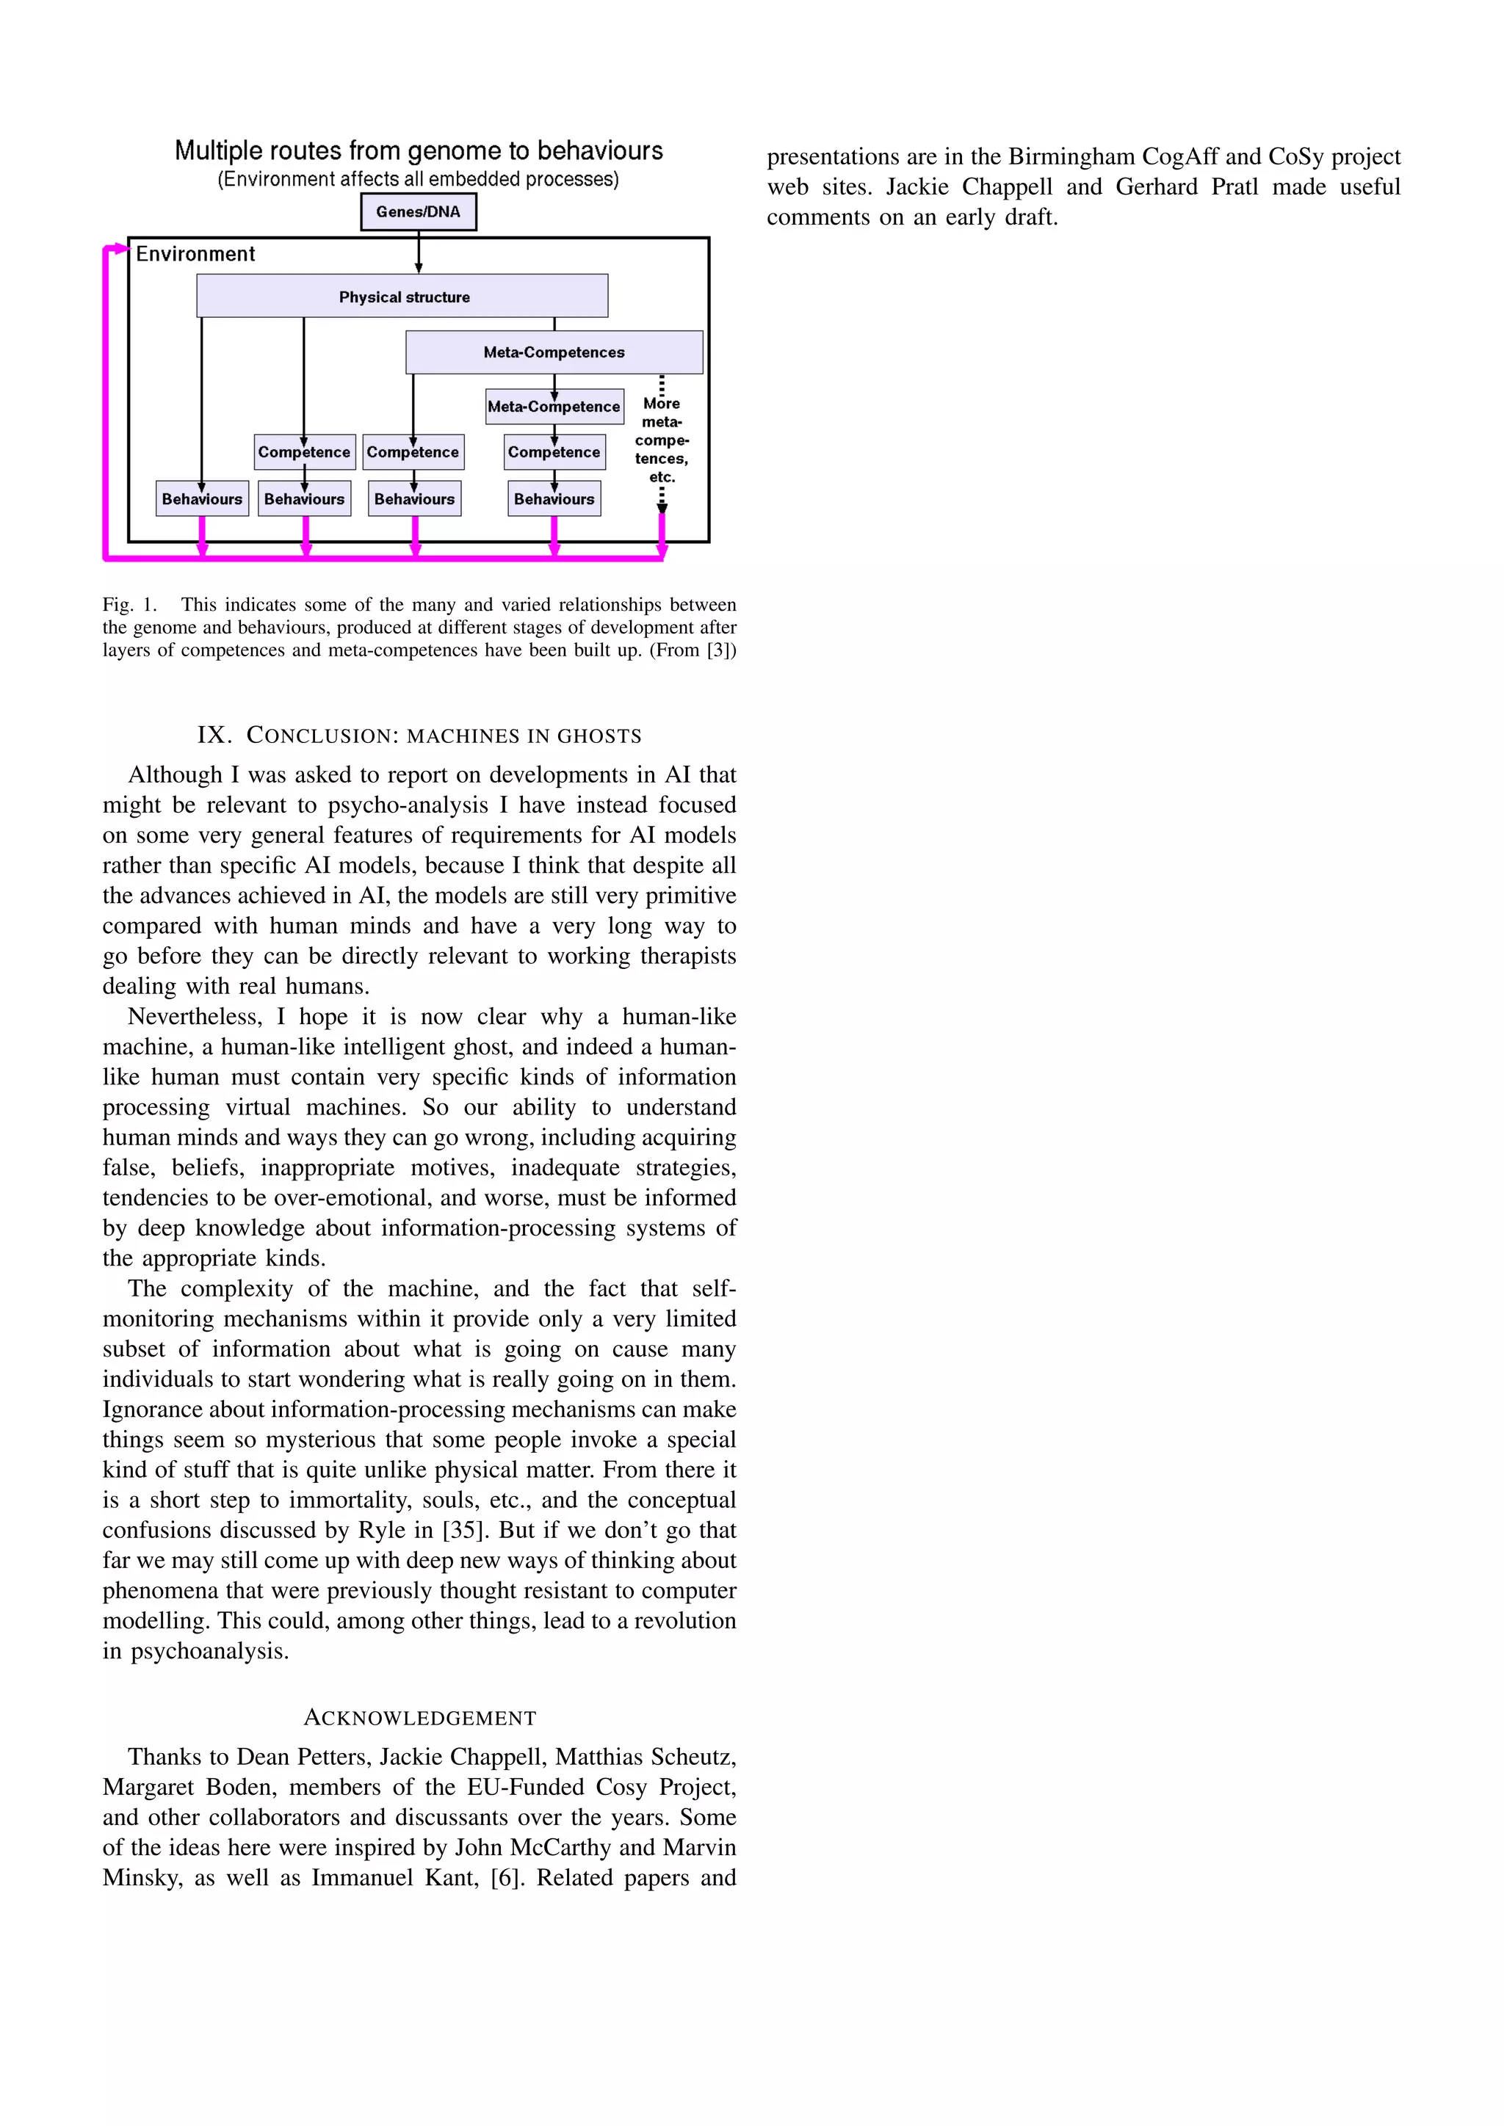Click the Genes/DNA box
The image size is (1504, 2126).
pyautogui.click(x=418, y=212)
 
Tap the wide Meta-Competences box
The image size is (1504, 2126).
pyautogui.click(x=554, y=352)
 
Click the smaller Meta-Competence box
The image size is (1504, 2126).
pyautogui.click(x=554, y=407)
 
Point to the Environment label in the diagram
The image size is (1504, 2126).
pyautogui.click(x=195, y=254)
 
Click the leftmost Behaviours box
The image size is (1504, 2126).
pyautogui.click(x=202, y=499)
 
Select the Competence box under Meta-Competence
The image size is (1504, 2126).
pyautogui.click(x=554, y=452)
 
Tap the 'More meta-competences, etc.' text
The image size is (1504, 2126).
pyautogui.click(x=661, y=440)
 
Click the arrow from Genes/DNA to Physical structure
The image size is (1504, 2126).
pyautogui.click(x=419, y=252)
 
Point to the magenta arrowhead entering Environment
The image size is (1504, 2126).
pyautogui.click(x=120, y=248)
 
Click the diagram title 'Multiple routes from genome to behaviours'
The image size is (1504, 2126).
pyautogui.click(x=419, y=151)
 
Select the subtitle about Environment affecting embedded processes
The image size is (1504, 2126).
pyautogui.click(x=419, y=178)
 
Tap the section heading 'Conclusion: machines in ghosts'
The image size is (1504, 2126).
pyautogui.click(x=419, y=735)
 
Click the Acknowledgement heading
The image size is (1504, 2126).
pyautogui.click(x=419, y=1718)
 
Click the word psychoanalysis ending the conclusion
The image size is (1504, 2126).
pyautogui.click(x=209, y=1651)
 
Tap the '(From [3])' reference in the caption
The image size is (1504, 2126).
pyautogui.click(x=693, y=650)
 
